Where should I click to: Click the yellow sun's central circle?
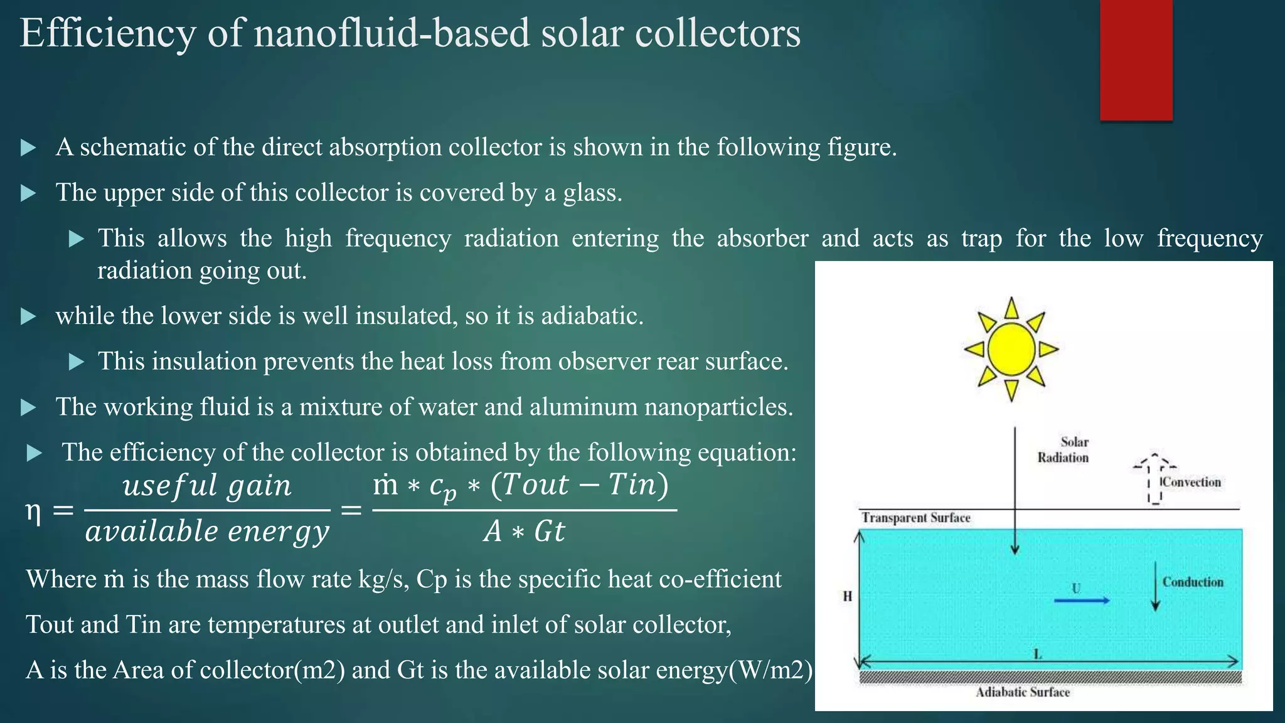pos(1011,349)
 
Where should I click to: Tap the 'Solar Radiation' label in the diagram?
pos(1063,449)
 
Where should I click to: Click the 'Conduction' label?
pos(1192,582)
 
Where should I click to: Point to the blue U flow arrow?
pos(1081,601)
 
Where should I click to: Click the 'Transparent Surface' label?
pos(915,518)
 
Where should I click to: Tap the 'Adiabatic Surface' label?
pos(1022,692)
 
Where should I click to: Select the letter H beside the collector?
pos(847,596)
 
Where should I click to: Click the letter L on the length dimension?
pos(1038,654)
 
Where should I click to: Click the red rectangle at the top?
pos(1136,60)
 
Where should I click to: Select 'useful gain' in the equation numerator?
pos(207,485)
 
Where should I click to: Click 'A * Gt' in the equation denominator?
pos(524,532)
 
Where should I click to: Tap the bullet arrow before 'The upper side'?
pos(28,193)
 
